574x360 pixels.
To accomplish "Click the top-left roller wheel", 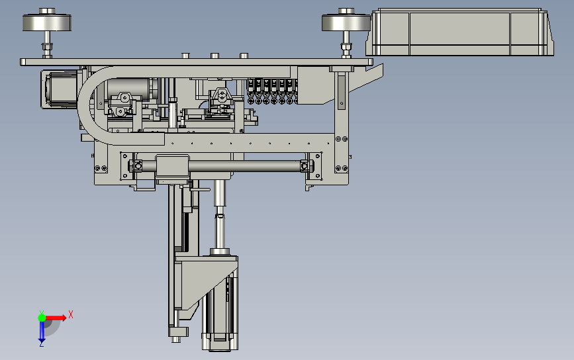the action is [47, 22].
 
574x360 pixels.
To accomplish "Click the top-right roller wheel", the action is [346, 22].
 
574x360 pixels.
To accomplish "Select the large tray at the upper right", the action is [459, 32].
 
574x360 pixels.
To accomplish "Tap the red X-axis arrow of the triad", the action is [56, 318].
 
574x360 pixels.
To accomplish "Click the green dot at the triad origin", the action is [42, 318].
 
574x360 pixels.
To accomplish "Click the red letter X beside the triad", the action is [71, 314].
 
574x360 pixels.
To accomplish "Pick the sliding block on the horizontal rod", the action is [172, 167].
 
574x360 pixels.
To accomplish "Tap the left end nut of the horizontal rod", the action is [137, 166].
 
